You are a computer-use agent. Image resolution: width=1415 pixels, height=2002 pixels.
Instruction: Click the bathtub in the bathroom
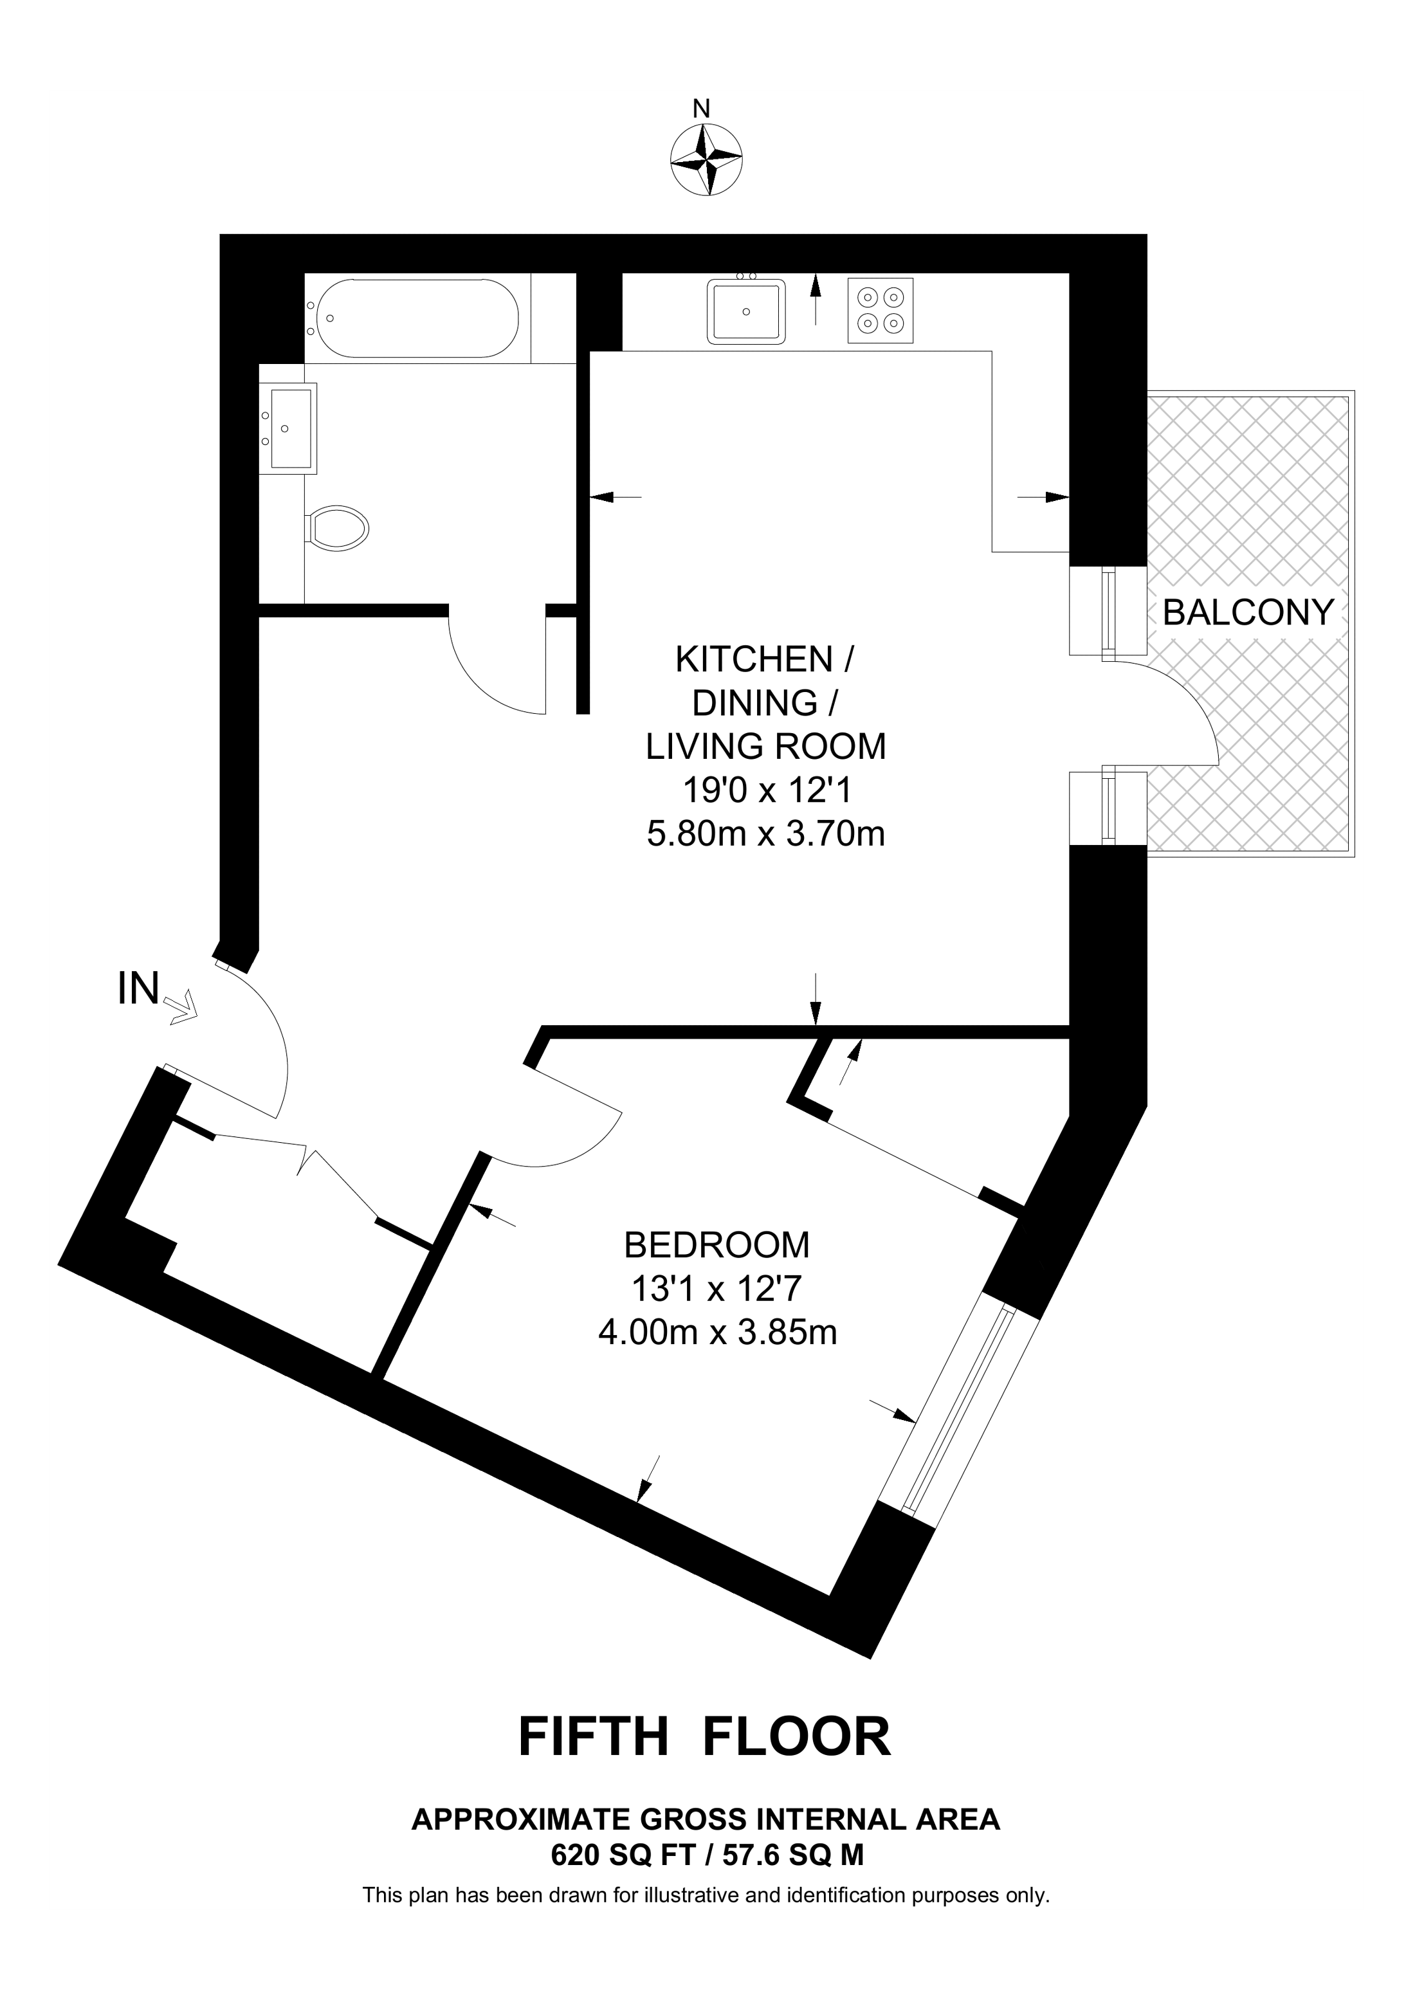point(417,318)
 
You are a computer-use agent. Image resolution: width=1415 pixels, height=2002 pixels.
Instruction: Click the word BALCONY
point(1248,613)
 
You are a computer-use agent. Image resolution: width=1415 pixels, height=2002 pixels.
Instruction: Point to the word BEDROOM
point(717,1245)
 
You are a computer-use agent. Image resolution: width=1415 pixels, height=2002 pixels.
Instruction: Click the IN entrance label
point(139,990)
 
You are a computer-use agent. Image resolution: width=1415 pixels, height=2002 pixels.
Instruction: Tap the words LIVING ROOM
point(765,747)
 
